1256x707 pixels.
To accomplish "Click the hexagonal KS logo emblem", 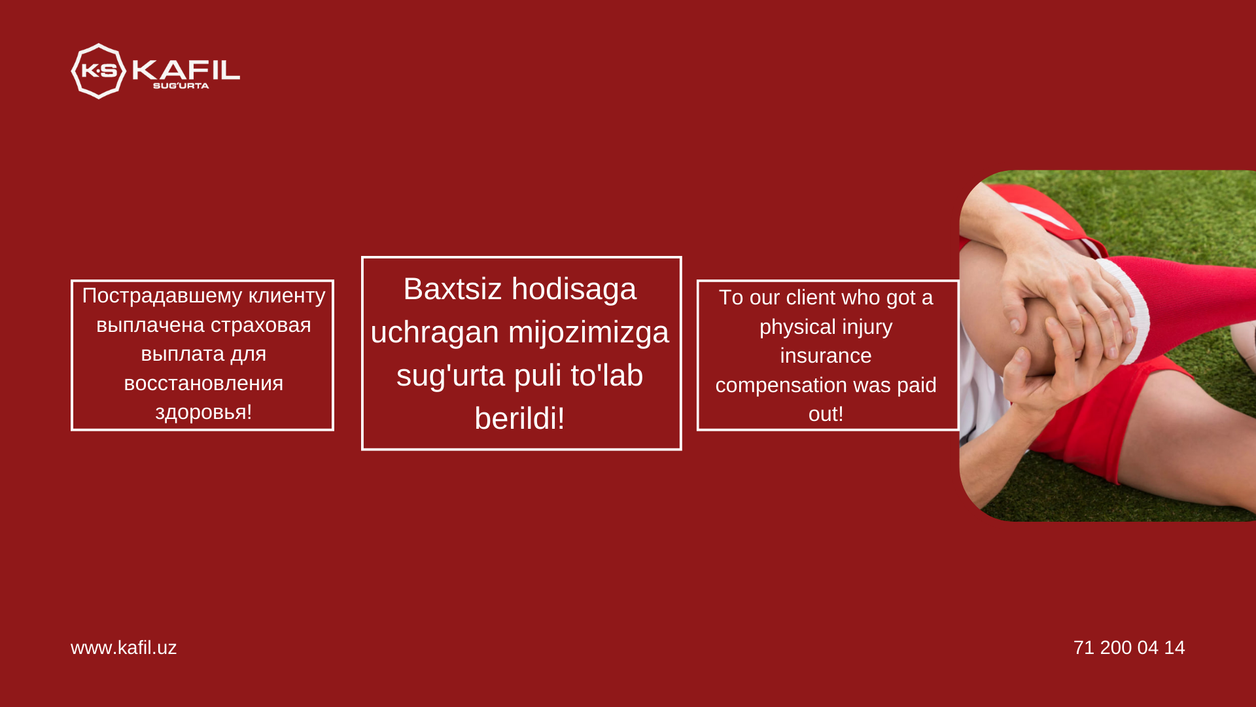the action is [x=98, y=71].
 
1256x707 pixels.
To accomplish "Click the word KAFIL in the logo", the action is [x=186, y=69].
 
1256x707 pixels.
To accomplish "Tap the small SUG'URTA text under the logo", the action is [x=181, y=86].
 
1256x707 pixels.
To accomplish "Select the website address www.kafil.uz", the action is [x=124, y=647].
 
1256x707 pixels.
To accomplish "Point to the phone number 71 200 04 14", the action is [x=1129, y=647].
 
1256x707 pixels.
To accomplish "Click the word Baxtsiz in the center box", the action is [x=453, y=289].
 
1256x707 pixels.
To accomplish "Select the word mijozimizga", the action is [x=589, y=333].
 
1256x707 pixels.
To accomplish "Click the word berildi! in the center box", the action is [x=519, y=418].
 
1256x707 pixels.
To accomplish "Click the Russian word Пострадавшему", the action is [x=162, y=296].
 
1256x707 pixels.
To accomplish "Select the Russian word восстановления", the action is [x=203, y=383].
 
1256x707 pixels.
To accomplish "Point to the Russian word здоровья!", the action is [x=203, y=413].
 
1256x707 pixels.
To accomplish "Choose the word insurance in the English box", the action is [x=826, y=355].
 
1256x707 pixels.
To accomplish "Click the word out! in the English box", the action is [x=826, y=414].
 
